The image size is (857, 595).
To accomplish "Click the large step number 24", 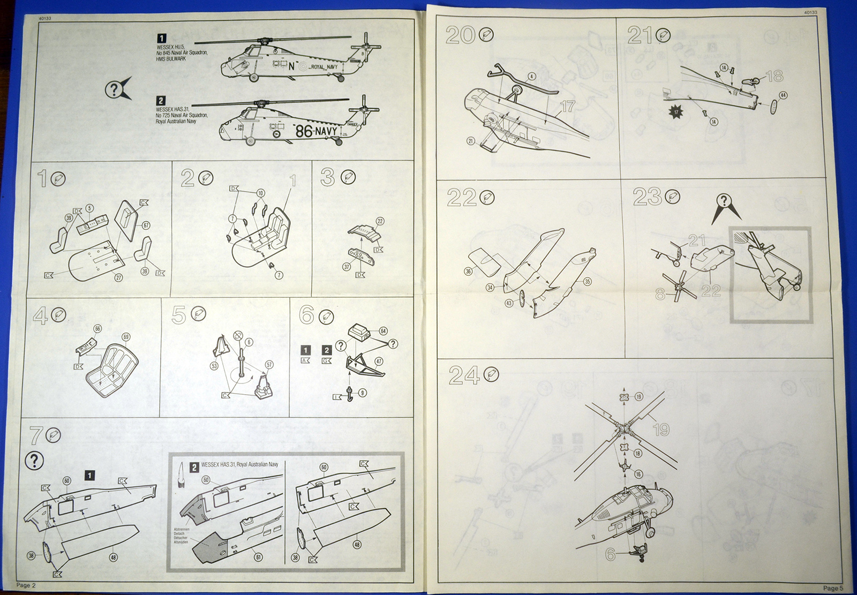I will click(464, 376).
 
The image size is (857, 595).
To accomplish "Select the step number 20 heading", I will click(461, 35).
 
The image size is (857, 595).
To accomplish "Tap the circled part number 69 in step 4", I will click(126, 337).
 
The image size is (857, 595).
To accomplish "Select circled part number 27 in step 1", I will click(118, 276).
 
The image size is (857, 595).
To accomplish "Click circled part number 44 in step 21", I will click(784, 95).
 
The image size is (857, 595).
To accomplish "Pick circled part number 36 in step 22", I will click(469, 272).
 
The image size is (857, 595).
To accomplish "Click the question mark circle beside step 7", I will click(34, 460).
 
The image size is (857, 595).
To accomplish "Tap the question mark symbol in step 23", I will click(724, 202).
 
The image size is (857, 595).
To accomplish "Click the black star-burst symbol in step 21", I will click(676, 112).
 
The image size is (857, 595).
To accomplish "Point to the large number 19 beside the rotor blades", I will click(661, 430).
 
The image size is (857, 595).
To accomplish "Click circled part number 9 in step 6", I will click(363, 393).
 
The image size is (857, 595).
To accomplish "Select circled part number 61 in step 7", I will click(259, 558).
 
